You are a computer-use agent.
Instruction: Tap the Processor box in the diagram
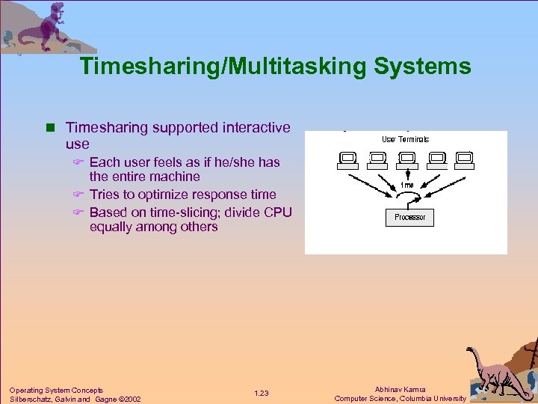tap(409, 217)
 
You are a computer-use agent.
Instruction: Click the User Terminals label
tap(406, 139)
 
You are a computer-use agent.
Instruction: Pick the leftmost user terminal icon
tap(347, 159)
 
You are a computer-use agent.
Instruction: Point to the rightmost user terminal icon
tap(464, 159)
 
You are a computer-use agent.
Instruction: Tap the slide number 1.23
tap(261, 394)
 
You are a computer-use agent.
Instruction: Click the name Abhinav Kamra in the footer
tap(400, 389)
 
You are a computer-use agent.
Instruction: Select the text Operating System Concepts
tap(56, 390)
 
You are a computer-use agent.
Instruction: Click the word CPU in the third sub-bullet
tap(278, 212)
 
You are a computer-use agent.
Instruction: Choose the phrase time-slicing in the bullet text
tap(181, 212)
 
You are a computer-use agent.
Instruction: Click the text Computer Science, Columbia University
tap(400, 399)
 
